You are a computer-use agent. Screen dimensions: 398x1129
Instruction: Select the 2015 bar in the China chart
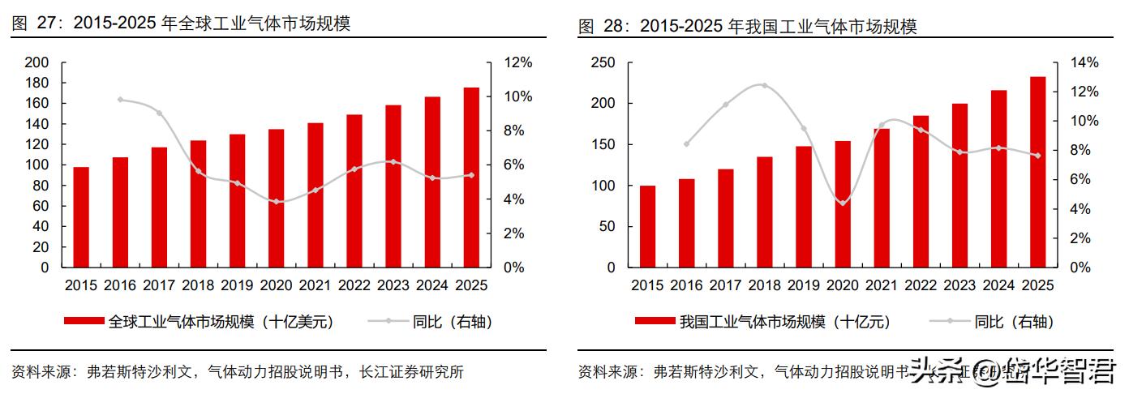coord(647,226)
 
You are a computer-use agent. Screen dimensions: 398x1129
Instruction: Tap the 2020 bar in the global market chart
coord(276,198)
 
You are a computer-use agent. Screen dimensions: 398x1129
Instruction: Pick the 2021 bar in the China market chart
coord(882,198)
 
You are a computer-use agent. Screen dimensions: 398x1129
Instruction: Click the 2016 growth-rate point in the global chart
coord(120,100)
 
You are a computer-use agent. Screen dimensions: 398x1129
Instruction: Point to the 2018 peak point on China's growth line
coord(764,85)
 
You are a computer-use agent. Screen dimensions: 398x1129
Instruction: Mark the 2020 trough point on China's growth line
coord(843,203)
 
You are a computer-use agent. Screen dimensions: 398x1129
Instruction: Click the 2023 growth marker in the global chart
coord(393,161)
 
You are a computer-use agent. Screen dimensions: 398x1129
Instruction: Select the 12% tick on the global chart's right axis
coord(518,62)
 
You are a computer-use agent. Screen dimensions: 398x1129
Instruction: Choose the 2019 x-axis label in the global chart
coord(237,285)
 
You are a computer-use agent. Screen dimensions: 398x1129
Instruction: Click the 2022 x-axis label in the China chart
coord(921,285)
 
